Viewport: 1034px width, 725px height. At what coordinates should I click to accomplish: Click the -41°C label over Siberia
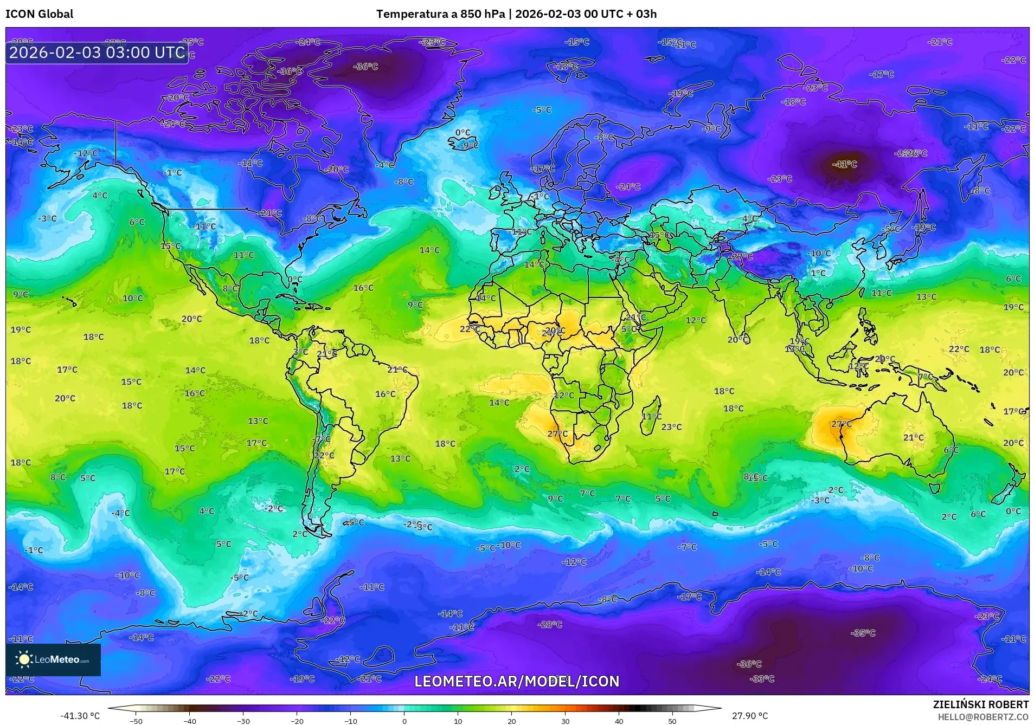pos(844,164)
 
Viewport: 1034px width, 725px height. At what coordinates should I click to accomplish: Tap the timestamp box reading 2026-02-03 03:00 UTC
pos(97,53)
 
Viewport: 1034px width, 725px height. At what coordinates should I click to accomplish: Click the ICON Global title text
pos(40,14)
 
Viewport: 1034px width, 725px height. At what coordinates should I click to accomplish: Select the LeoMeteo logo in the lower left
pos(53,659)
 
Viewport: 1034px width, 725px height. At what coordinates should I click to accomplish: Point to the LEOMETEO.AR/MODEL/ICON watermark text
pos(516,681)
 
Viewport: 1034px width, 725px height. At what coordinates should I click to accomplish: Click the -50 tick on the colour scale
pos(137,721)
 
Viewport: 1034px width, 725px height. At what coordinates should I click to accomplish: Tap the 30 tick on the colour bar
pos(565,721)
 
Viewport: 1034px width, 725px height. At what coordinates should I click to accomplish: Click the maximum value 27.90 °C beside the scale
pos(749,716)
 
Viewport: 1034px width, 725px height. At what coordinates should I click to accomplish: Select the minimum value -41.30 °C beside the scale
pos(80,716)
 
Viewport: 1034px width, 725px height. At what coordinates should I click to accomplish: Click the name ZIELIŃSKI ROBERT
pos(980,704)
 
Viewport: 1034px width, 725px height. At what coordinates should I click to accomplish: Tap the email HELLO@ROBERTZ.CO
pos(983,717)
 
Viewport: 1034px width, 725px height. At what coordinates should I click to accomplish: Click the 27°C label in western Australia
pos(841,424)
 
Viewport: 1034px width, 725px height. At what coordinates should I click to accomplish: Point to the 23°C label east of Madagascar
pos(671,427)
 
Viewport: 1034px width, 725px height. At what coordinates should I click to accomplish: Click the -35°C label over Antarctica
pos(863,633)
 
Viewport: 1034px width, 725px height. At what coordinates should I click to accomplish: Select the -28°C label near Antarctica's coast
pos(550,625)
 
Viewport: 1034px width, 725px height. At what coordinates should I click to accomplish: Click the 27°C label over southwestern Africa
pos(557,434)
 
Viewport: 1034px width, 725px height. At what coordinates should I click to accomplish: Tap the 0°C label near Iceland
pos(463,133)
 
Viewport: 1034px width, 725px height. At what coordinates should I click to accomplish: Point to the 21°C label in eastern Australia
pos(913,437)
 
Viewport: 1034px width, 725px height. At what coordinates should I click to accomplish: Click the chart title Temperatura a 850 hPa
pos(440,14)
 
